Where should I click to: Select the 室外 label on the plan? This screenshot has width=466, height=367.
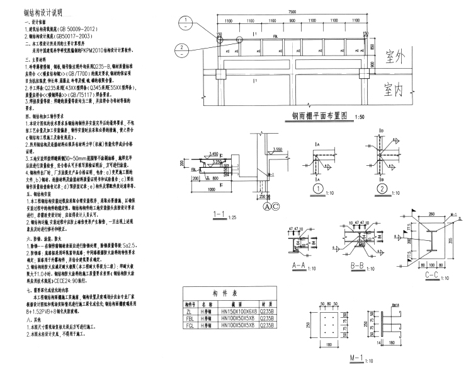click(401, 55)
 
